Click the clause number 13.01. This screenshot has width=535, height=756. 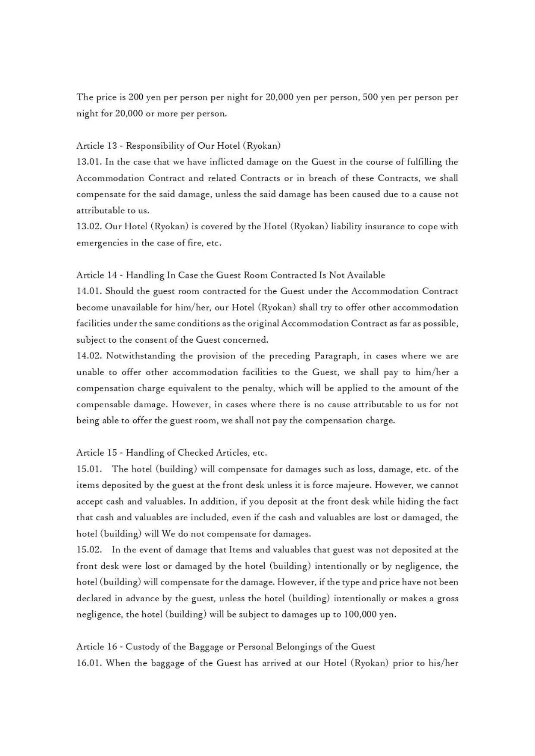[x=89, y=162]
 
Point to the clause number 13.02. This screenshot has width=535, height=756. [x=89, y=227]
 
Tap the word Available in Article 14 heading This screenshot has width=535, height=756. [x=366, y=275]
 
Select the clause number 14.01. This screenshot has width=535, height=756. [x=89, y=291]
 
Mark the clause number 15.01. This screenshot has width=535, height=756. [x=89, y=469]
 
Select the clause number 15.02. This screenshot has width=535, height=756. [x=89, y=550]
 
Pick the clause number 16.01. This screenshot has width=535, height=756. [x=89, y=663]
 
